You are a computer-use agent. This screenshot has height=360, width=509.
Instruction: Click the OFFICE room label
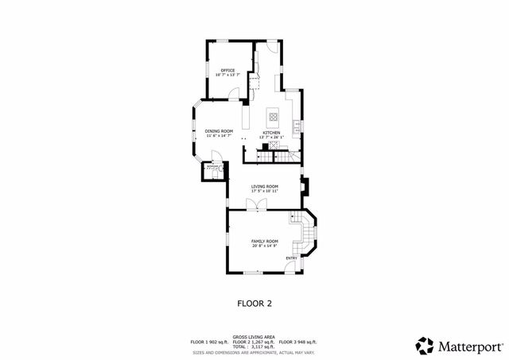(x=228, y=70)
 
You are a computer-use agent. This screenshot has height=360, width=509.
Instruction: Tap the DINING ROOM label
(x=219, y=130)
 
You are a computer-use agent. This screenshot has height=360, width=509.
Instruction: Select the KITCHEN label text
(x=271, y=133)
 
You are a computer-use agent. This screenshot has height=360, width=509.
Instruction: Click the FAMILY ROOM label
(x=265, y=241)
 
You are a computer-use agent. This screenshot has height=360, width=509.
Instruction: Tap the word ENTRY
(x=292, y=257)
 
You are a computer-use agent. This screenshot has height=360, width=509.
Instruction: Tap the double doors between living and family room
(x=256, y=205)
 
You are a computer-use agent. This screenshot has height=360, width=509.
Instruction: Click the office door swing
(x=231, y=94)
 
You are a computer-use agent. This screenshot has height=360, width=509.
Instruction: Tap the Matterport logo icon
(x=425, y=346)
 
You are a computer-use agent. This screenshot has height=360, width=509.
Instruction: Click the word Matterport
(x=470, y=346)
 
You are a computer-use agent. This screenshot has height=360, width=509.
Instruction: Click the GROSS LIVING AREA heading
(x=254, y=336)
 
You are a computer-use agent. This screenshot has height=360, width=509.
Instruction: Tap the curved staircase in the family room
(x=304, y=234)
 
